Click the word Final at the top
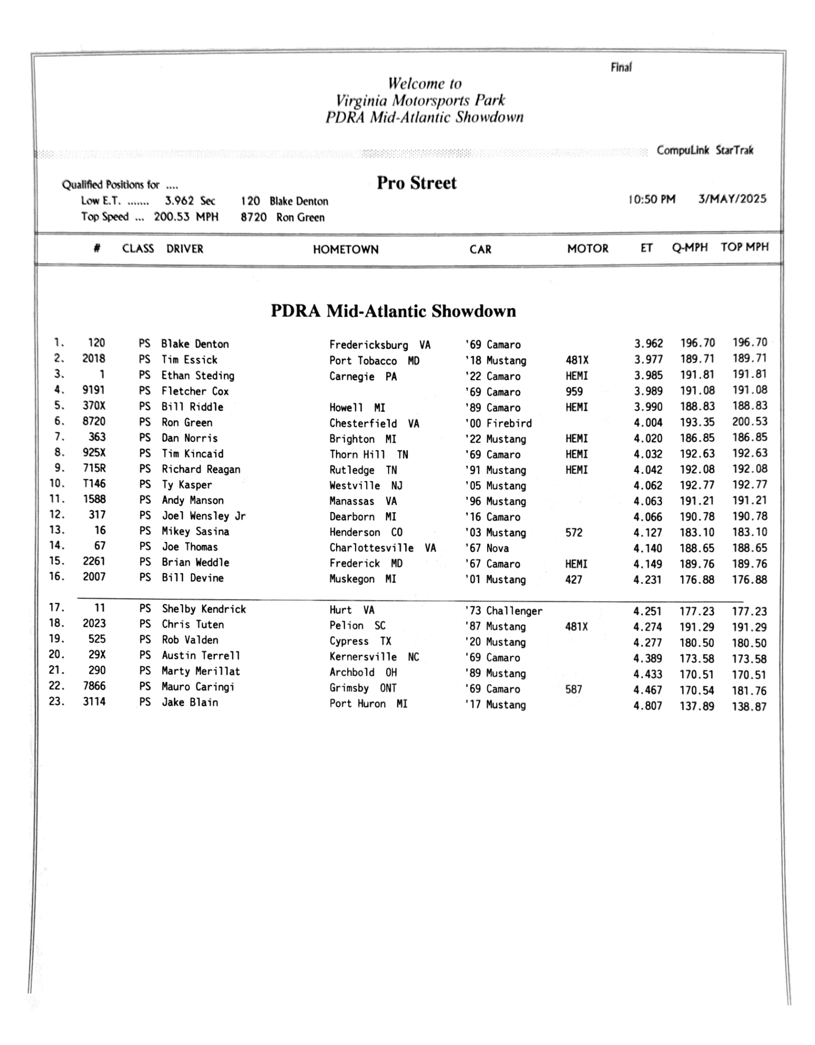(x=621, y=67)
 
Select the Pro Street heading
(x=416, y=183)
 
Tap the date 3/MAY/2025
(x=732, y=199)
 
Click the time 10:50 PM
(x=652, y=200)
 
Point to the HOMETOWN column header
(x=345, y=250)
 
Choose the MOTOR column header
(x=588, y=249)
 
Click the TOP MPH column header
(x=744, y=247)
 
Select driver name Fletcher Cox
(x=195, y=391)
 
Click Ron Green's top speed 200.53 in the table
(x=749, y=421)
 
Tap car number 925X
(x=94, y=453)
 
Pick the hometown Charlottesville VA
(x=382, y=548)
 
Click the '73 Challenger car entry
(x=503, y=611)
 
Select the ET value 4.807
(x=648, y=706)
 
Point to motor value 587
(x=573, y=689)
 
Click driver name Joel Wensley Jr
(x=203, y=516)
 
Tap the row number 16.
(x=57, y=577)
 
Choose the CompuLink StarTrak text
(x=704, y=151)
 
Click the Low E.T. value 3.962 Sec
(x=189, y=201)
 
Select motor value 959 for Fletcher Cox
(x=574, y=391)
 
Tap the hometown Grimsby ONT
(x=363, y=688)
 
